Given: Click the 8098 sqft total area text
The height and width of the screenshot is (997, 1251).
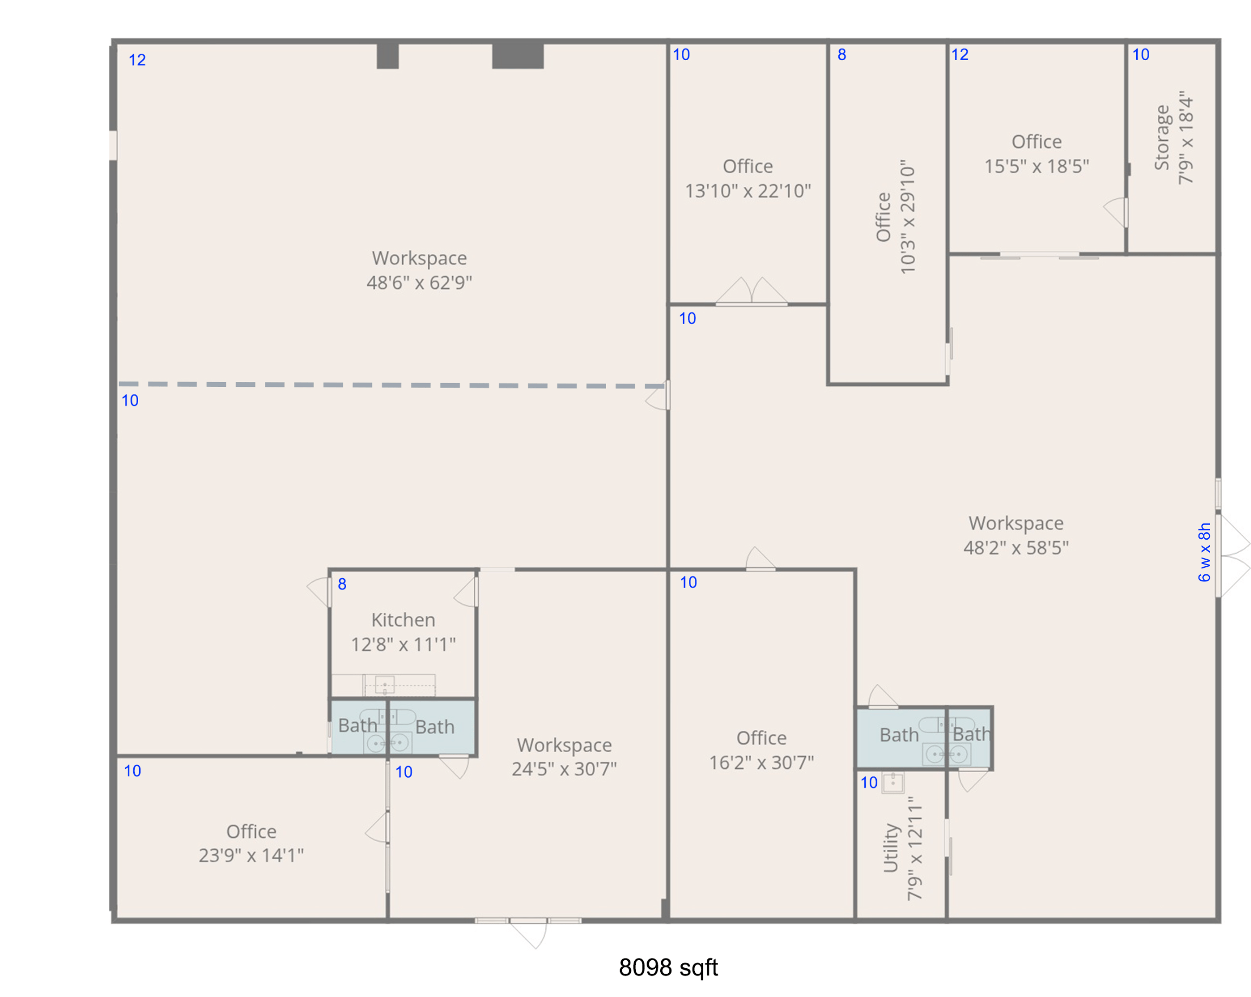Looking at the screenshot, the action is (x=668, y=967).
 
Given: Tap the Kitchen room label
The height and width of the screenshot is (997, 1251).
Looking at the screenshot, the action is (x=403, y=619).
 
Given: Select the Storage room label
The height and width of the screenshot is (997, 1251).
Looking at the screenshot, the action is (x=1162, y=138).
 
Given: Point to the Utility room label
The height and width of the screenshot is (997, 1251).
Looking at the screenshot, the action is (x=891, y=848).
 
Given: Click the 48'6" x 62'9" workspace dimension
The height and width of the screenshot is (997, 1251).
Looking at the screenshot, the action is (x=420, y=283).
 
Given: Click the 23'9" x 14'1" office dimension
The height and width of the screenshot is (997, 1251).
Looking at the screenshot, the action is (x=251, y=856).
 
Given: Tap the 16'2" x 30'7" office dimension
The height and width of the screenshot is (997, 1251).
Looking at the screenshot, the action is (x=761, y=762).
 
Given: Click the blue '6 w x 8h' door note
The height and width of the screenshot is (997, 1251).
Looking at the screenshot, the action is (x=1204, y=552).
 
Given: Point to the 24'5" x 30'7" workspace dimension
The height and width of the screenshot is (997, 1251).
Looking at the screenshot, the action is (x=564, y=769).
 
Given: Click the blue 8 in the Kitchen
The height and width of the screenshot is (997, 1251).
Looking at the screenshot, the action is (x=342, y=584).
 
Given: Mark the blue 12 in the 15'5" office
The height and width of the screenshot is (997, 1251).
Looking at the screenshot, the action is (x=960, y=55).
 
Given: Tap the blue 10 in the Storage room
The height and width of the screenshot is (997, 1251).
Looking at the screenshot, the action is (x=1141, y=55).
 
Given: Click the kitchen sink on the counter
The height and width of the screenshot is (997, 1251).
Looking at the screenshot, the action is (x=385, y=685).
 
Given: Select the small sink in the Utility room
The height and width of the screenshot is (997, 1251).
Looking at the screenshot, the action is (x=893, y=782).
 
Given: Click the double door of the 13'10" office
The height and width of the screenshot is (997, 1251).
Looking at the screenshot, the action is (x=752, y=291).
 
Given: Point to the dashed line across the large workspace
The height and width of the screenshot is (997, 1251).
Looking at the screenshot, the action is (x=392, y=385).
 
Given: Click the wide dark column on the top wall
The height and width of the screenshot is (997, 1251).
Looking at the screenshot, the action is (x=518, y=56).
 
